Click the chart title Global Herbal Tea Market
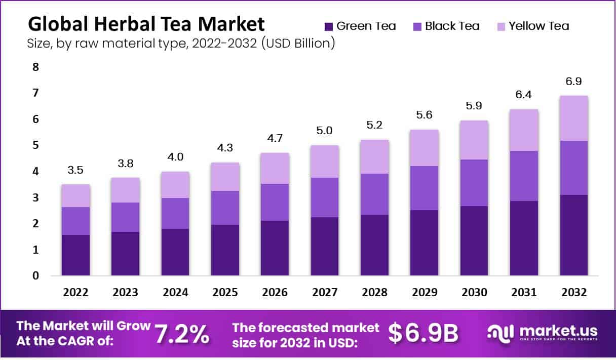(146, 24)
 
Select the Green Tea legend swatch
(328, 26)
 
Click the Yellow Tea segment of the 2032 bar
(574, 118)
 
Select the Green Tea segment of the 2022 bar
(75, 255)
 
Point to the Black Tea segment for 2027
(324, 197)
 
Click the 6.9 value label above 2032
(574, 82)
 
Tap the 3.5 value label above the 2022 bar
(75, 170)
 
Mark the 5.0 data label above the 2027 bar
(324, 131)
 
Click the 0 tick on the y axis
(35, 276)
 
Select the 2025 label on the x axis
(225, 293)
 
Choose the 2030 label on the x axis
(474, 293)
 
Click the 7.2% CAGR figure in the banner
(181, 334)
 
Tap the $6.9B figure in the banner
(423, 333)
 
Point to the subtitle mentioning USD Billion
(180, 44)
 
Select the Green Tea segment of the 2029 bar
(424, 243)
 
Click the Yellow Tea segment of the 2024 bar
(175, 185)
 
